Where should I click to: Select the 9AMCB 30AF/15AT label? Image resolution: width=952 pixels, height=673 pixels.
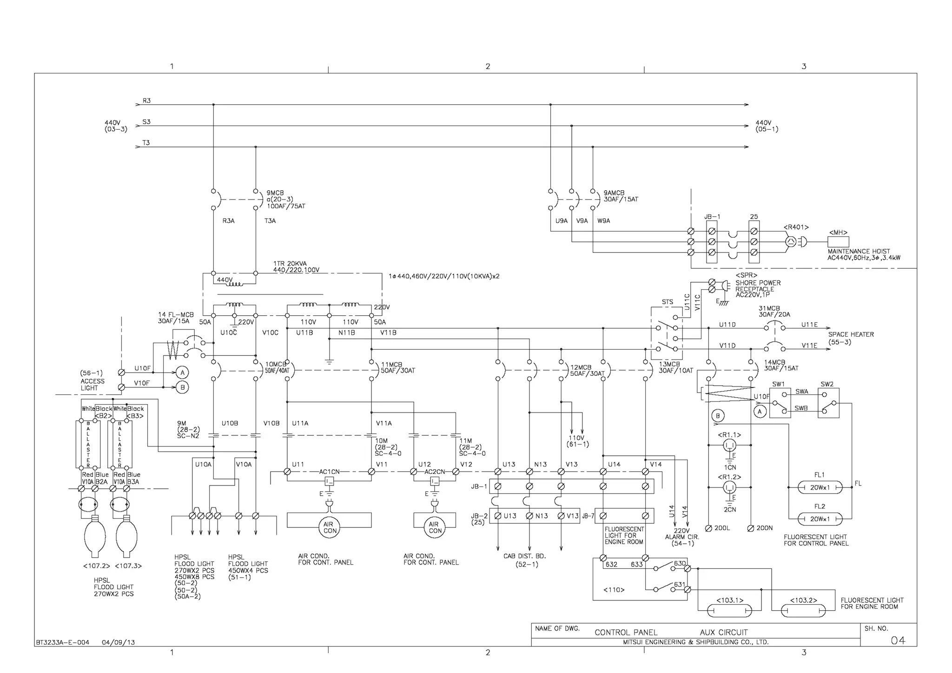point(620,196)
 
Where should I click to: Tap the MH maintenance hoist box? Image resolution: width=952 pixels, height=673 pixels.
point(838,242)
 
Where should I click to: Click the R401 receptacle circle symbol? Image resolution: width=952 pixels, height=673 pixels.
point(790,242)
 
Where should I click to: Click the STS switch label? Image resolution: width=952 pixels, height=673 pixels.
point(667,302)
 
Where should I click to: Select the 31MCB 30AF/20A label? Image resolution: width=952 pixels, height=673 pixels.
point(774,311)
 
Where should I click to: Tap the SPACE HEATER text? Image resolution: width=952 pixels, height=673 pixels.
point(851,334)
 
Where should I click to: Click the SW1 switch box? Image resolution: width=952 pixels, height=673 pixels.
point(780,402)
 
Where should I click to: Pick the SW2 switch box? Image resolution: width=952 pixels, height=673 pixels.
point(828,402)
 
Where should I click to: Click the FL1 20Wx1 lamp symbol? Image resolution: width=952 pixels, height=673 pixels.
point(820,487)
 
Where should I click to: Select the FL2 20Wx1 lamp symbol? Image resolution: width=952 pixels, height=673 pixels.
point(820,519)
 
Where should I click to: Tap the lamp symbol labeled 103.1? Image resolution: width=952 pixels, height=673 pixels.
point(729,611)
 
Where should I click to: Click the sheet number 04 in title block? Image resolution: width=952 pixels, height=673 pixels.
point(898,640)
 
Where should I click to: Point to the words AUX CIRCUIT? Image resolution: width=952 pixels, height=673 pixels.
point(723,632)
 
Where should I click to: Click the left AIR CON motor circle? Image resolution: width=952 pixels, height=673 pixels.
point(330,527)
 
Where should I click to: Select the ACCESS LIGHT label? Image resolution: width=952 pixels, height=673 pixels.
point(93,384)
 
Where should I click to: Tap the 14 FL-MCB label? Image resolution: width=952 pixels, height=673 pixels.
point(175,318)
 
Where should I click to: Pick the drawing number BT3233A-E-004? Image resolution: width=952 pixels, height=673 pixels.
point(62,642)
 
